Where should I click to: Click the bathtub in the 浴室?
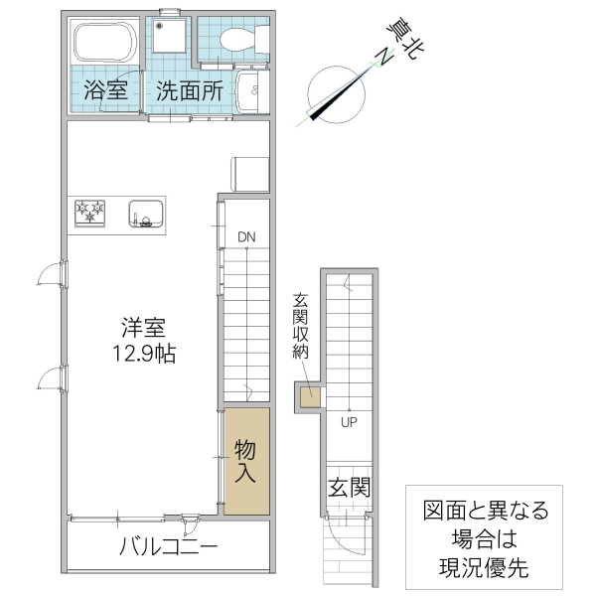[x=103, y=43]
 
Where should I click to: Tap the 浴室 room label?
[x=105, y=89]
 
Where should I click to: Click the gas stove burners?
[x=89, y=212]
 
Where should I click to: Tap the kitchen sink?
[x=146, y=214]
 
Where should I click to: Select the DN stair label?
[x=245, y=236]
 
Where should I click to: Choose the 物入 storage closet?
[x=245, y=460]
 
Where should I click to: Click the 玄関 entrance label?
[x=349, y=488]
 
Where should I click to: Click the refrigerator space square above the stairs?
[x=249, y=173]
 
